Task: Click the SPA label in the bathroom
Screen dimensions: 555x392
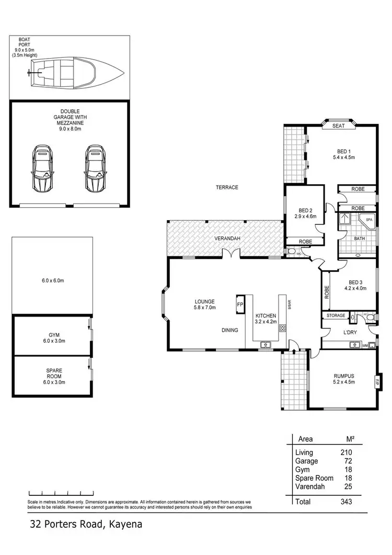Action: point(369,220)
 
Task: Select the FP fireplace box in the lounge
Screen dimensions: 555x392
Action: point(240,304)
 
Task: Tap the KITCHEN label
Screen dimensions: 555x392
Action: point(266,316)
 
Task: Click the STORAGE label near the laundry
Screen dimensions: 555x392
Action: point(336,315)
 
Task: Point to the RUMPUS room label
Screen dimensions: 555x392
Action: point(344,375)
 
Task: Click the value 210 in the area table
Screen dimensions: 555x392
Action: point(347,452)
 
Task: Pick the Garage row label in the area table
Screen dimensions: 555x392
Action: point(306,461)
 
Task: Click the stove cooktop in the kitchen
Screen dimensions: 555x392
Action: point(283,329)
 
